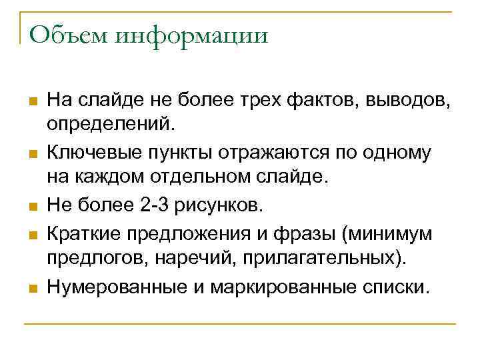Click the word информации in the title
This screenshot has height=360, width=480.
pyautogui.click(x=192, y=35)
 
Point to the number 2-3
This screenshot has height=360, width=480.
pyautogui.click(x=159, y=205)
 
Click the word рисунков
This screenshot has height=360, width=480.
pyautogui.click(x=225, y=205)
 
